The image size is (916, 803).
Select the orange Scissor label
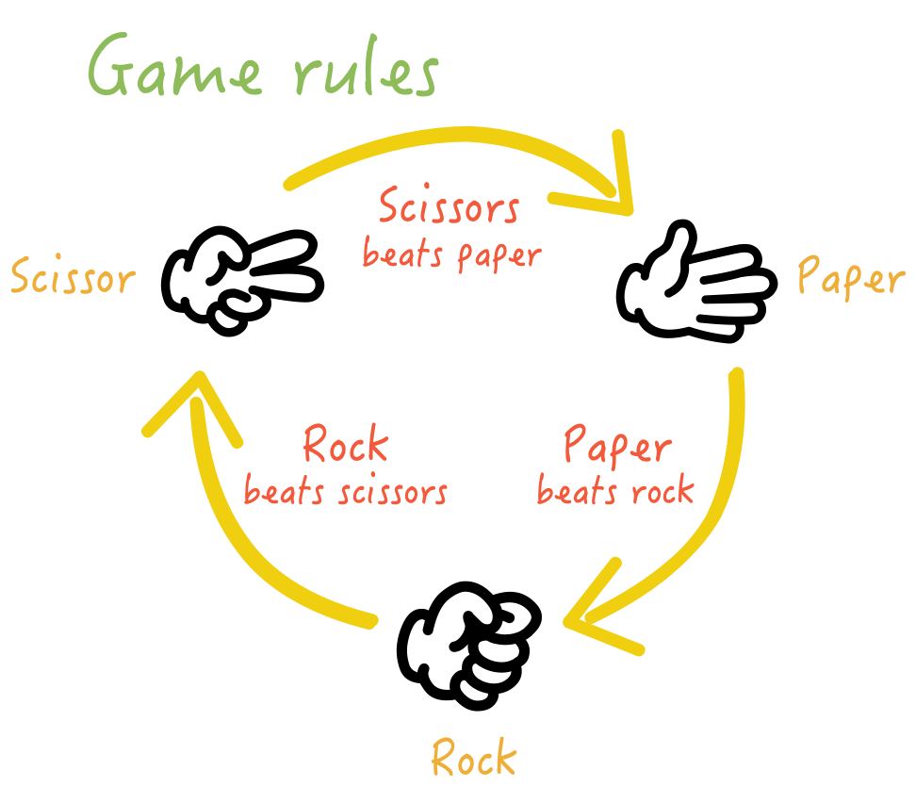point(73,279)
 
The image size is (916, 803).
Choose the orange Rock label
point(474,758)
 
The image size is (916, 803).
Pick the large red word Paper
point(617,445)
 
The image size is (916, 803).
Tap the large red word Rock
point(345,445)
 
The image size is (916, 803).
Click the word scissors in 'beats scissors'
point(390,492)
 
